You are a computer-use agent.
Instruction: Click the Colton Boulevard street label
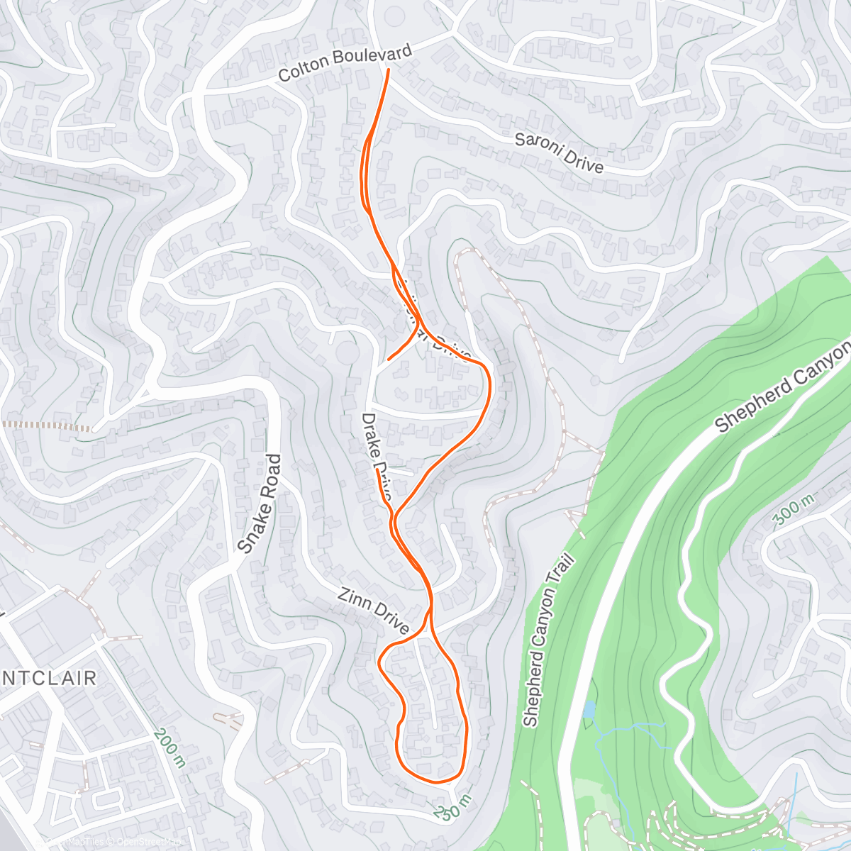click(x=345, y=63)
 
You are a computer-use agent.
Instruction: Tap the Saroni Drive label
click(x=559, y=152)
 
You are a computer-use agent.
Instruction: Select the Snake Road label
click(x=260, y=504)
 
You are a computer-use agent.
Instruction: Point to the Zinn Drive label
click(x=373, y=611)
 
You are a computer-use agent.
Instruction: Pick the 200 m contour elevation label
click(x=169, y=747)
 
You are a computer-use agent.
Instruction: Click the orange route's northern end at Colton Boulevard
click(x=388, y=69)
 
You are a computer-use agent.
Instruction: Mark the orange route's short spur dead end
click(x=389, y=359)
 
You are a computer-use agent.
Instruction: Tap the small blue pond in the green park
click(x=589, y=709)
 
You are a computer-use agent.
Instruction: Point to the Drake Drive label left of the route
click(x=376, y=454)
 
